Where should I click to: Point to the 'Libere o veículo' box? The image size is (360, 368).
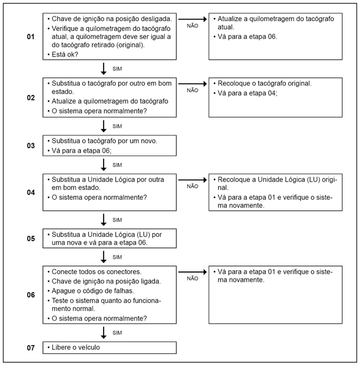[x=109, y=348]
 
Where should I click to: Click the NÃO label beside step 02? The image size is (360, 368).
[x=193, y=90]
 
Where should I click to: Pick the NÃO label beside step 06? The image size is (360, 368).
[x=193, y=278]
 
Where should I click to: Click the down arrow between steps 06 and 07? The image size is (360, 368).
[x=104, y=332]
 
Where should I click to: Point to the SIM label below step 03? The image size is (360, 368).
[x=117, y=165]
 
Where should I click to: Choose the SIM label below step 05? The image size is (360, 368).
[x=117, y=257]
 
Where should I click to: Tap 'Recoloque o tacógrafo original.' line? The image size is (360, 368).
[x=265, y=83]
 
